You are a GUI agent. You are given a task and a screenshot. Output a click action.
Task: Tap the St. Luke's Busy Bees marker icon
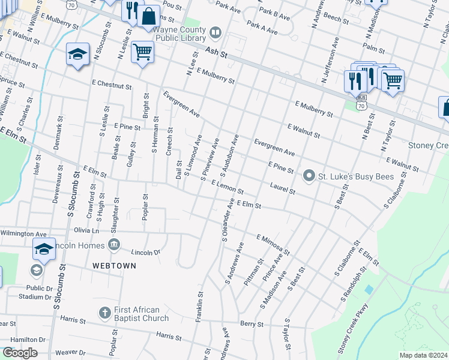pos(309,176)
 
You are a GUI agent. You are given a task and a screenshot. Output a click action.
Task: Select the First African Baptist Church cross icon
pos(104,313)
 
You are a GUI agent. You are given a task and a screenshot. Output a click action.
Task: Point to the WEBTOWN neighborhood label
pos(114,265)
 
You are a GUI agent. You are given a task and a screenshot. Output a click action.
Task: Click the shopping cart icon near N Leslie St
pos(142,52)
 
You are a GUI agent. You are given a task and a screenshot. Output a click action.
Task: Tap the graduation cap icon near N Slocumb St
pos(77,55)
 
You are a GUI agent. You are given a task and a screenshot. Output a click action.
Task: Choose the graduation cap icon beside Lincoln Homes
pos(44,248)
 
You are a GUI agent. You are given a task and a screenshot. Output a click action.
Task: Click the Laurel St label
pos(283,188)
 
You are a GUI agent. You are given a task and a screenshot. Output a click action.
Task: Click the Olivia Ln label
pos(86,230)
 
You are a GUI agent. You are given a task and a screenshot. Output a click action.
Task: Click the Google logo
pos(19,353)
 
